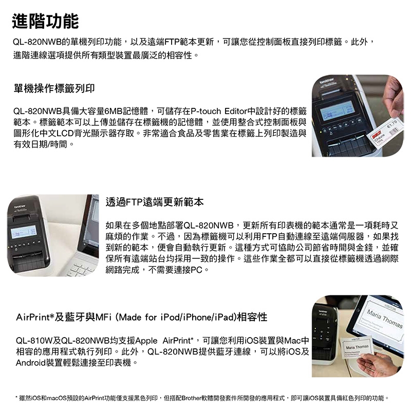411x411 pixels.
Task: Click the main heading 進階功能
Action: click(45, 21)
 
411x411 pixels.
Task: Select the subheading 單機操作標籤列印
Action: click(54, 88)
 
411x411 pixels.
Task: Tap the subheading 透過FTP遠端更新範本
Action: click(155, 202)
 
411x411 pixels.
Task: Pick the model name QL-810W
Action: click(34, 341)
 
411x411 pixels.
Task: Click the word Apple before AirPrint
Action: click(146, 341)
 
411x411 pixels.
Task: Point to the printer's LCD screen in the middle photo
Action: click(24, 232)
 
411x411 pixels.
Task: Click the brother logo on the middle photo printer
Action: click(20, 207)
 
